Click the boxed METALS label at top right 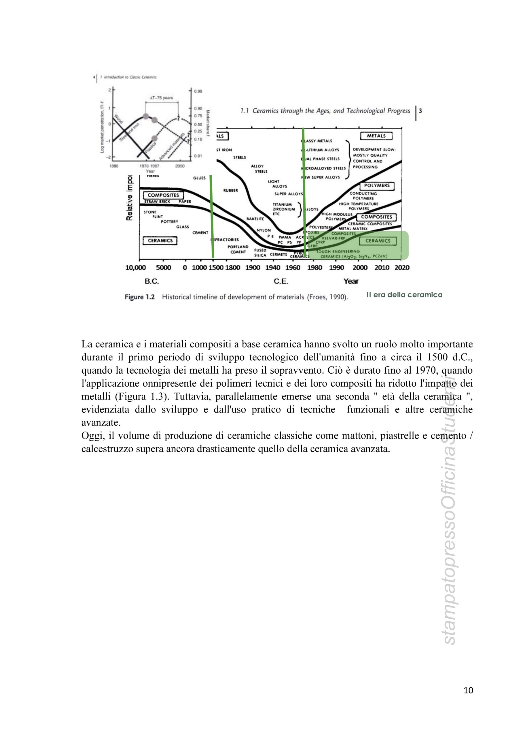[376, 136]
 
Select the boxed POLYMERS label [377, 186]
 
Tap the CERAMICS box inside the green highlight [378, 241]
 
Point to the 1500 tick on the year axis [216, 268]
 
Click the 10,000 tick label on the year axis [135, 268]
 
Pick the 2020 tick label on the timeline [402, 268]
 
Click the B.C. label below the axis [152, 281]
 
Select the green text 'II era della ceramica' [404, 295]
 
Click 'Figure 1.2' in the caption [140, 297]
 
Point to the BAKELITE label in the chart [255, 219]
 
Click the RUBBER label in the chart [231, 191]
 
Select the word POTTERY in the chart [169, 222]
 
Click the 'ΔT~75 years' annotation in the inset [161, 98]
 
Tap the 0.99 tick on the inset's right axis [198, 91]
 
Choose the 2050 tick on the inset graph [180, 166]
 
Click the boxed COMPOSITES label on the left [163, 195]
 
